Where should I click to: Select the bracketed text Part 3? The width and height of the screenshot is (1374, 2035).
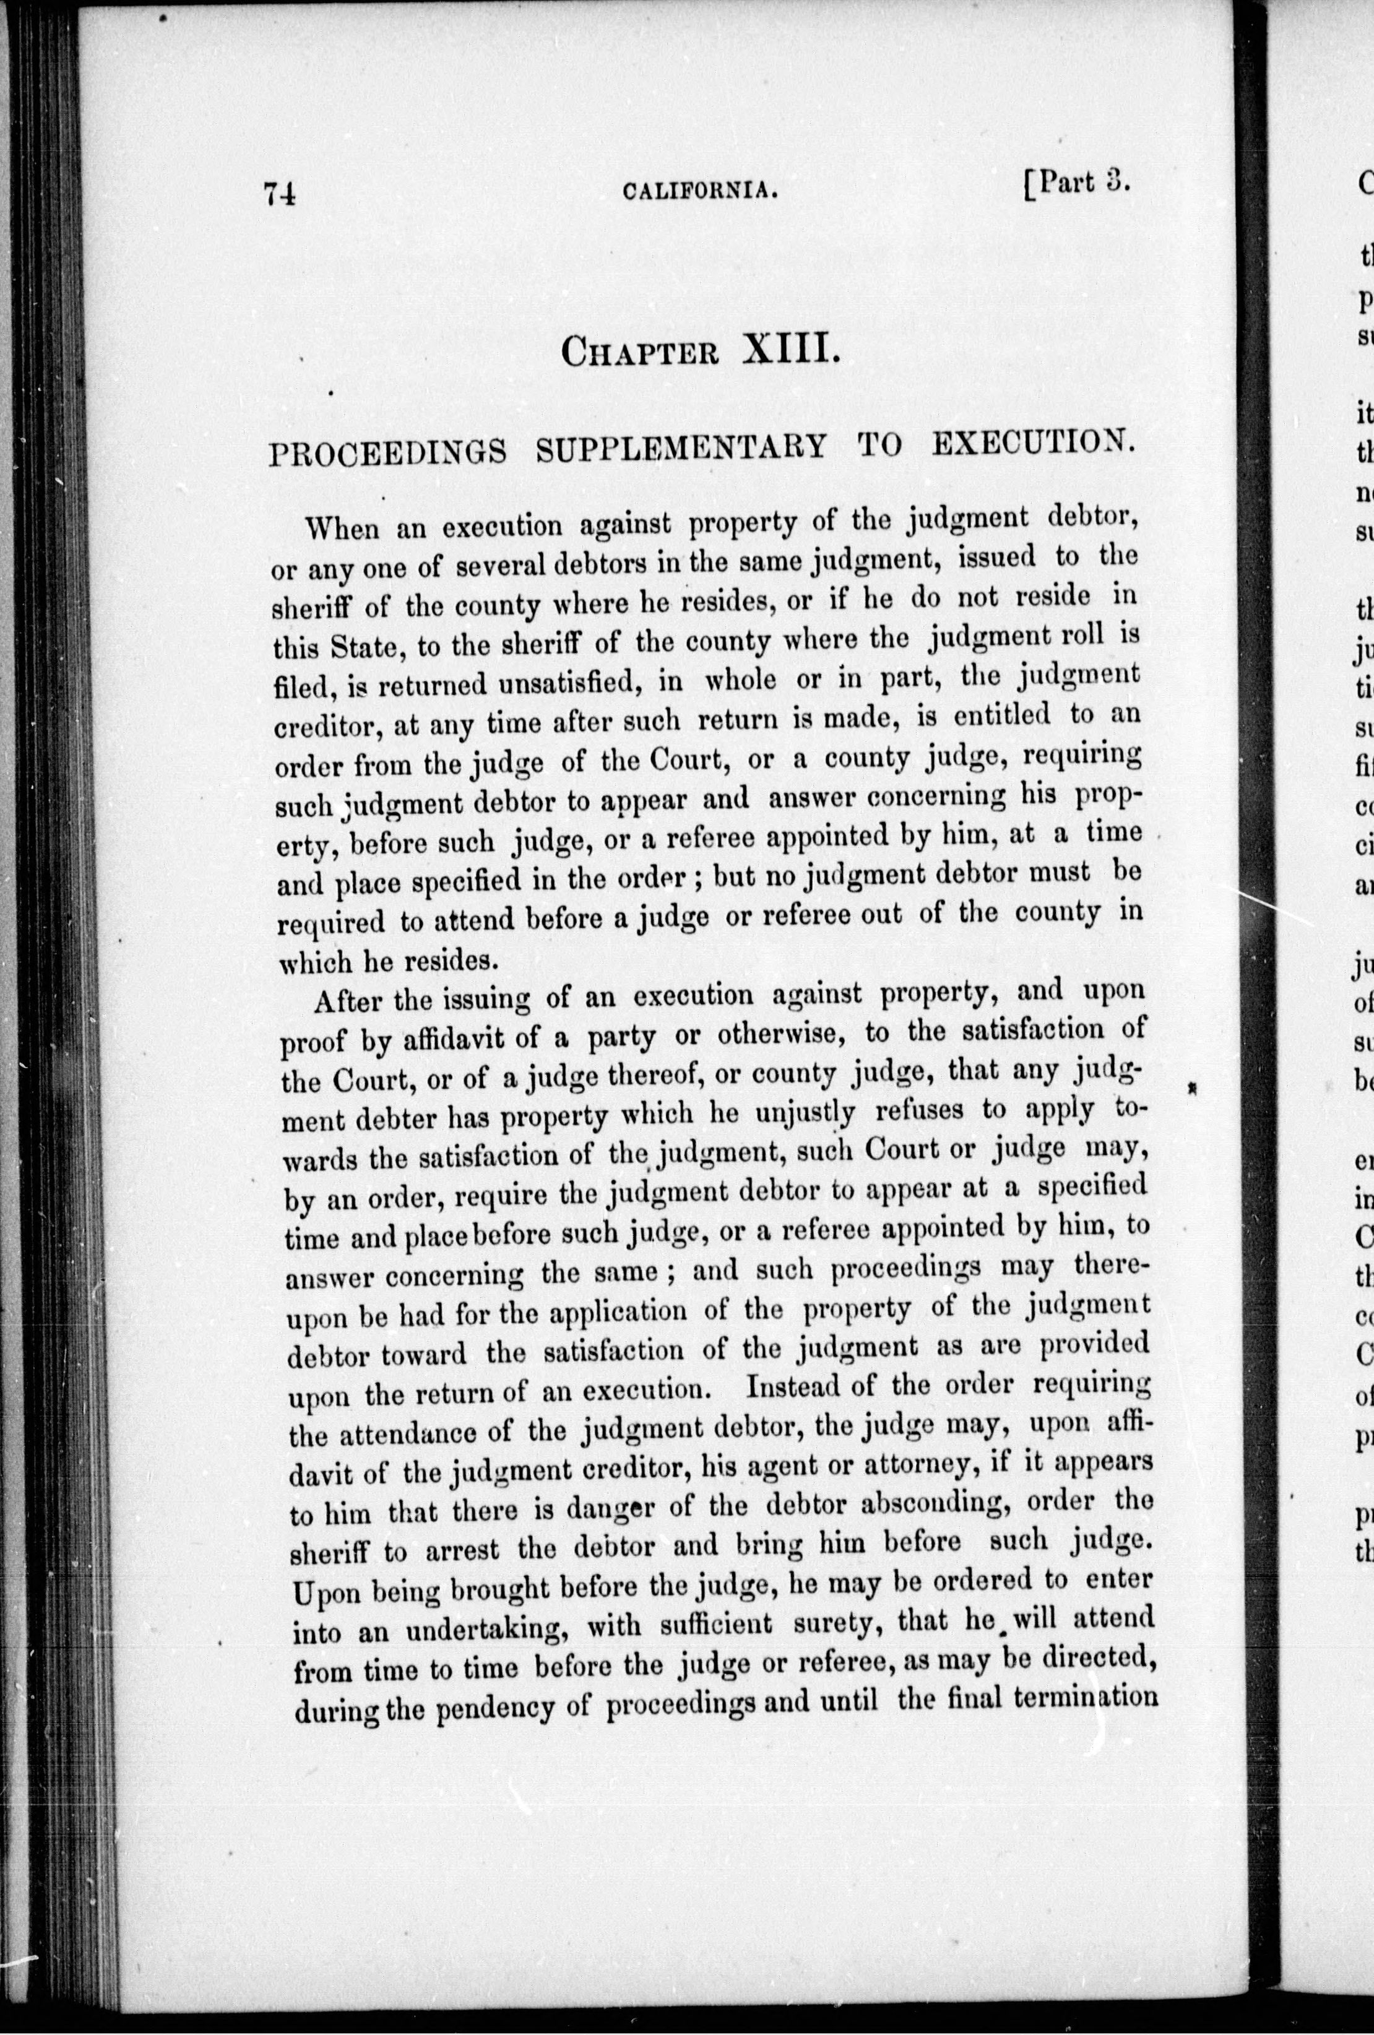(1077, 185)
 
